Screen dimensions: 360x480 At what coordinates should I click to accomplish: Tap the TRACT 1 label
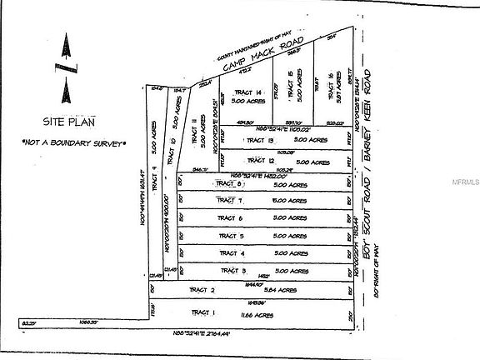coord(203,312)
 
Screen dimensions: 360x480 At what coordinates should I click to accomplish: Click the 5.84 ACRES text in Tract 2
coord(279,290)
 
